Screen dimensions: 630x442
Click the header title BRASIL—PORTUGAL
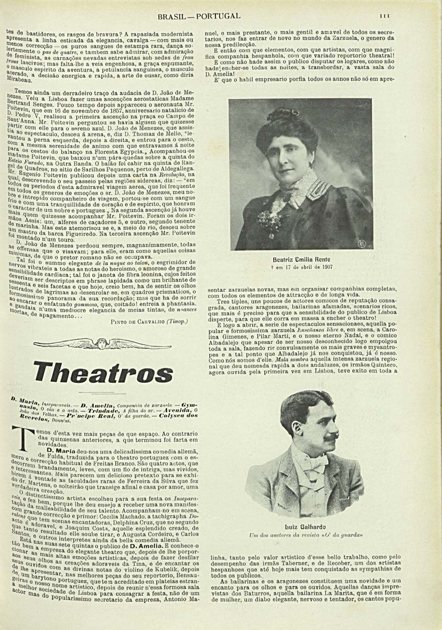(x=199, y=16)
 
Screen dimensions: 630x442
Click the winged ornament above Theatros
(x=102, y=344)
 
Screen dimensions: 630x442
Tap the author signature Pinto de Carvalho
(x=146, y=321)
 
